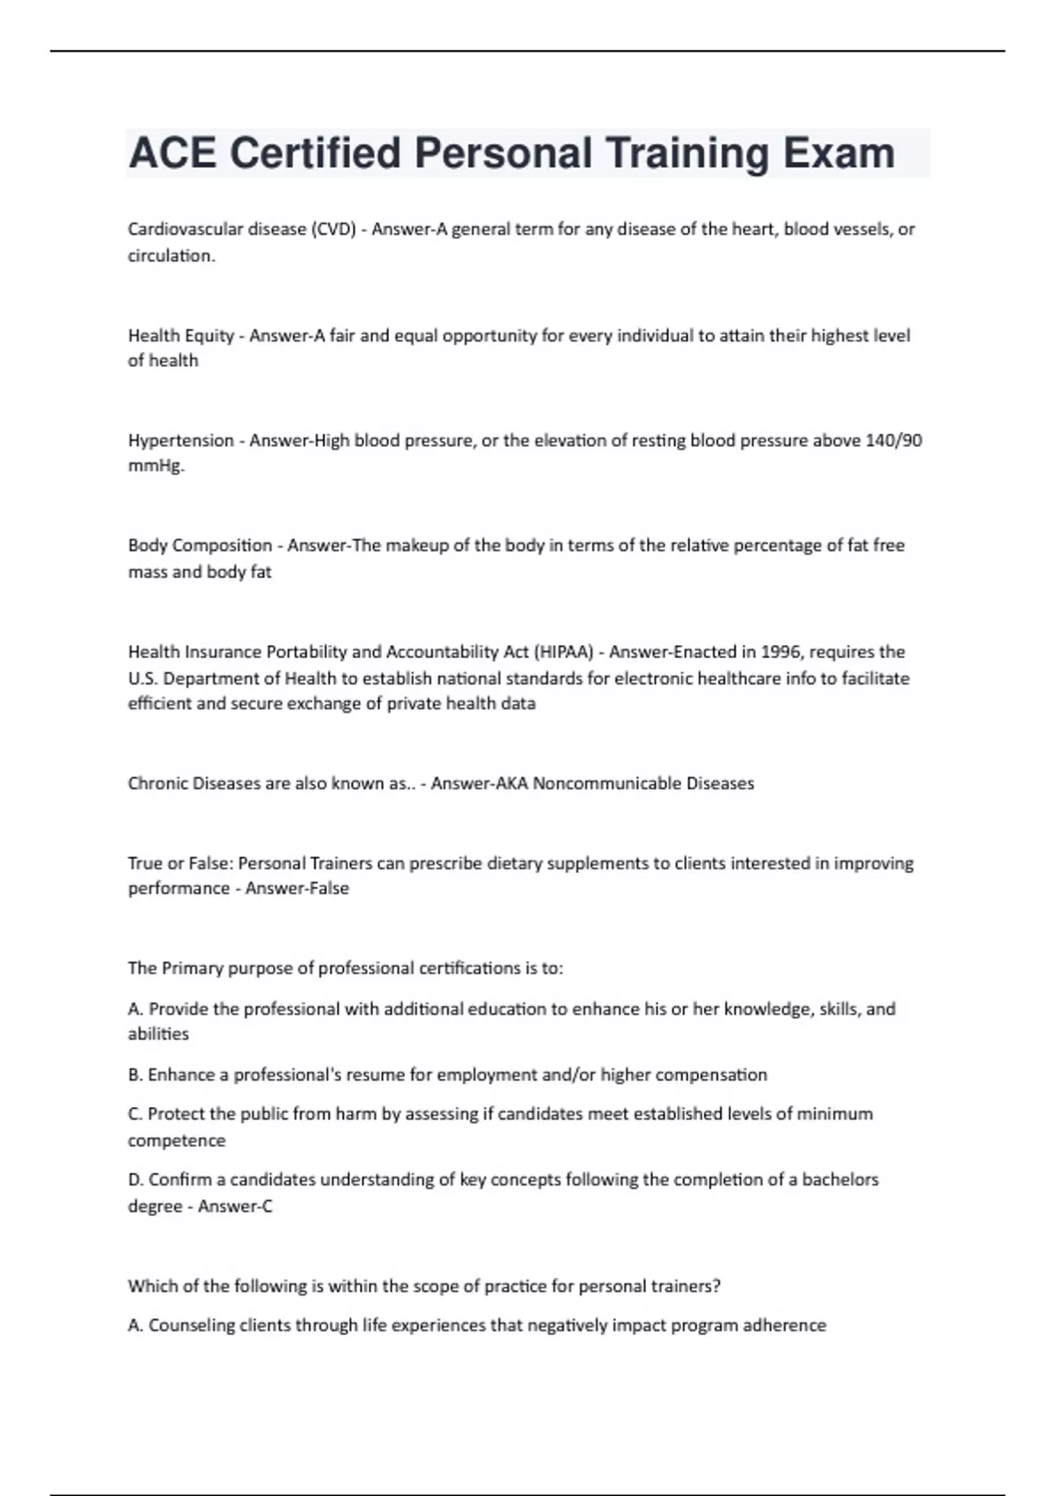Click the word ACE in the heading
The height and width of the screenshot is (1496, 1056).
click(172, 153)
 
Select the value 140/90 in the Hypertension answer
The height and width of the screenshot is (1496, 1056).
click(893, 440)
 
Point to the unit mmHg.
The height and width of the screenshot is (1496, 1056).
click(156, 466)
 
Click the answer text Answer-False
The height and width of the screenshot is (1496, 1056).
click(297, 889)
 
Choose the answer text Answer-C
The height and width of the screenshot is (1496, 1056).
click(235, 1206)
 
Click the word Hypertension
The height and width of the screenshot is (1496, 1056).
click(180, 440)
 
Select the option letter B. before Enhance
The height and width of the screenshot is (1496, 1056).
click(136, 1074)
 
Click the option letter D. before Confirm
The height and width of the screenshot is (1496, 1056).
click(136, 1180)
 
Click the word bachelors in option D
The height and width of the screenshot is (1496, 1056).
click(840, 1180)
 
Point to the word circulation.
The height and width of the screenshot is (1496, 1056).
click(171, 256)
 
